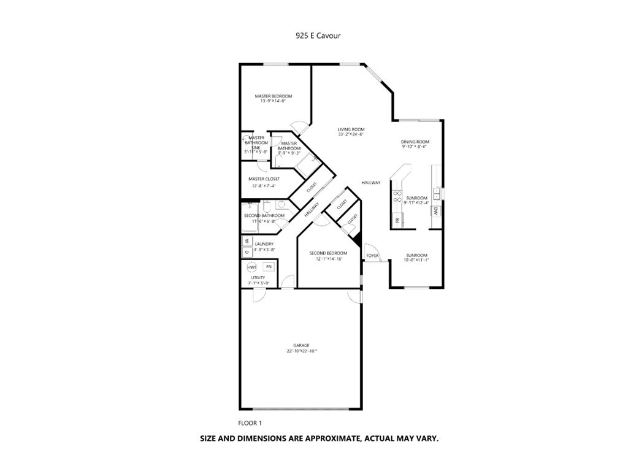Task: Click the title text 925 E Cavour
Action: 318,36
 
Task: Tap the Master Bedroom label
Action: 274,96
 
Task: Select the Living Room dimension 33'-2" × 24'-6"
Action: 351,134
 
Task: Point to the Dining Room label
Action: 415,142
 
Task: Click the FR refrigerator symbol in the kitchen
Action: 397,220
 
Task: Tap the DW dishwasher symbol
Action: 435,210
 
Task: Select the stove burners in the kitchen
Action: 397,196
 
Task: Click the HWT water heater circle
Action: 252,267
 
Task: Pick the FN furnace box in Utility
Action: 269,267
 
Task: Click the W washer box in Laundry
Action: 247,241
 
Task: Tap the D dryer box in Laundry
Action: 247,251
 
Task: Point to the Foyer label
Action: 372,255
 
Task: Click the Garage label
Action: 301,345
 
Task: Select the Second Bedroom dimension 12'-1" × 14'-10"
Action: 329,259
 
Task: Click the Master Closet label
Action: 264,179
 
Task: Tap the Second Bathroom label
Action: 264,216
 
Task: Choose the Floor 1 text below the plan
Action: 250,423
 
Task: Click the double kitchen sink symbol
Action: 436,193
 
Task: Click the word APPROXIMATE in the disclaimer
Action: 321,438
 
